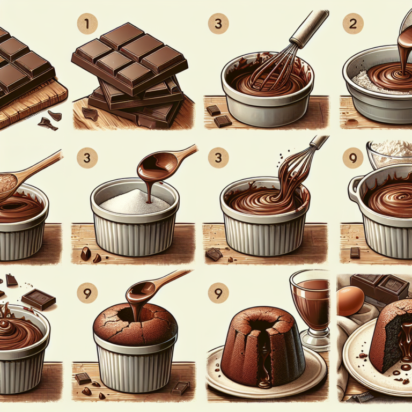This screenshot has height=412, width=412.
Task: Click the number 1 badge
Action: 87,24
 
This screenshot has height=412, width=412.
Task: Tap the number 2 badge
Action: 353,24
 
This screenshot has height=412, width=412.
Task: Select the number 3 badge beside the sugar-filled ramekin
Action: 87,158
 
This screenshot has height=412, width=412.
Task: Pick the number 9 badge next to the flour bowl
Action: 353,158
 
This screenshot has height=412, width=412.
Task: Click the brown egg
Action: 351,300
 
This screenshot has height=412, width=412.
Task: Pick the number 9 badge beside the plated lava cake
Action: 218,293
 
